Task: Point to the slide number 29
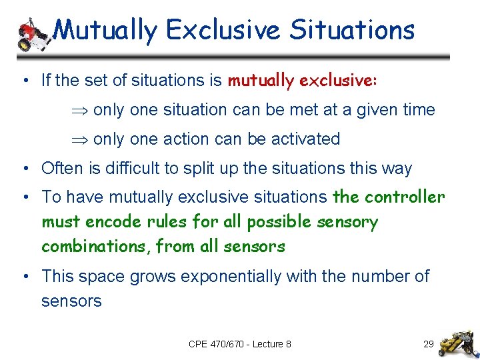(x=429, y=344)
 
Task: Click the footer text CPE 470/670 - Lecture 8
(x=240, y=344)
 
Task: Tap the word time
(x=417, y=110)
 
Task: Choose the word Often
(x=59, y=169)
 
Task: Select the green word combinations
(x=95, y=247)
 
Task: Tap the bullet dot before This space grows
(x=24, y=276)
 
